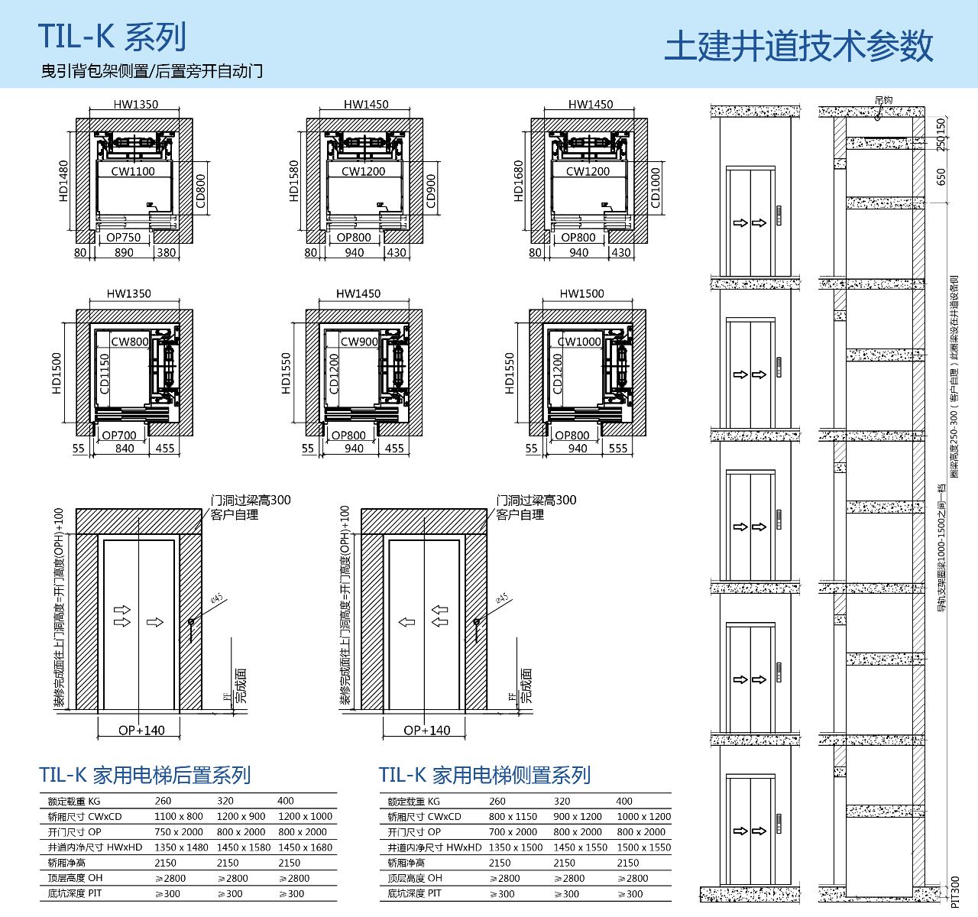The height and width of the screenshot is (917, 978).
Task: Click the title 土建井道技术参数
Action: click(798, 46)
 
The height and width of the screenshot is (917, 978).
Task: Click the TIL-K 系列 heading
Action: click(112, 36)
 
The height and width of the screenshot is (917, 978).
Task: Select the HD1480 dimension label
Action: click(63, 181)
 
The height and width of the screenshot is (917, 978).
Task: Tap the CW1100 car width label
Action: click(133, 171)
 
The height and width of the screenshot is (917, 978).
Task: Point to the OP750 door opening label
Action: click(123, 237)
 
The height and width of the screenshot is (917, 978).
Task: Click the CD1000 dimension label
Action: click(656, 187)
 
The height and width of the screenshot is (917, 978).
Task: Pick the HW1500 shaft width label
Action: click(581, 293)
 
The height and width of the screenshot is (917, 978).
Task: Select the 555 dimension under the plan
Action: click(617, 449)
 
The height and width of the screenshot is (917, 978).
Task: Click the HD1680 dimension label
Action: click(519, 181)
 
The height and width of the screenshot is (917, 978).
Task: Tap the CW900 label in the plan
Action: click(359, 342)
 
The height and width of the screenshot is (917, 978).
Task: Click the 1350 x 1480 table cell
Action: click(181, 847)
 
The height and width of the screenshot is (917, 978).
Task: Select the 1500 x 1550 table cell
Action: click(643, 847)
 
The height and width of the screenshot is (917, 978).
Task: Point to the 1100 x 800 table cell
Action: click(179, 816)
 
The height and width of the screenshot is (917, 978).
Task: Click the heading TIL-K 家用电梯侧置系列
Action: click(484, 775)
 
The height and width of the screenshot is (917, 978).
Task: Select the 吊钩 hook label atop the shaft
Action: click(883, 100)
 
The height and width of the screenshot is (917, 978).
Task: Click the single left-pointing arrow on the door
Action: click(407, 621)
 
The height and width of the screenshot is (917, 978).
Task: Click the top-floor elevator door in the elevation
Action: click(751, 222)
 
